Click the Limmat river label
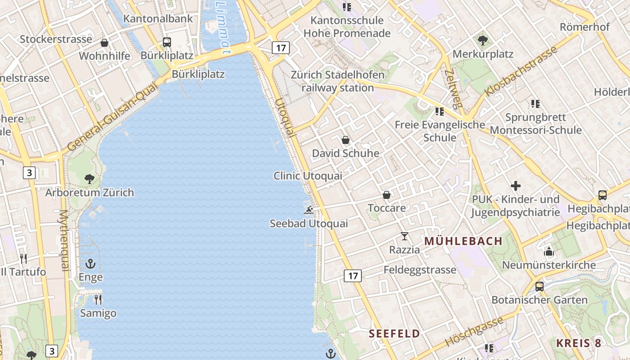coord(223,25)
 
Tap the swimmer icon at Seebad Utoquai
coord(309,210)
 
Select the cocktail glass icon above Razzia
coord(405,236)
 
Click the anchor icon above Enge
coord(91,264)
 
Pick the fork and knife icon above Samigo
coord(98,299)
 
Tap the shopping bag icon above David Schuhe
coord(346,140)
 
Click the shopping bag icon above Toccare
coord(387,195)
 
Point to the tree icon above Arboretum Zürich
coord(90,179)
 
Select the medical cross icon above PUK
coord(516,185)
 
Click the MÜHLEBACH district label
coord(463,241)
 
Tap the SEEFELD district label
coord(394,334)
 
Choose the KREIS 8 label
coord(578,343)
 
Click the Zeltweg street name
coord(453,89)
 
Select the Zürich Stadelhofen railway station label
coord(337,81)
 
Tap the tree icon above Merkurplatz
coord(483,40)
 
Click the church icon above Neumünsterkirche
coord(549,252)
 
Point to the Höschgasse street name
coord(474,331)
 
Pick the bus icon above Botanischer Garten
coord(539,286)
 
